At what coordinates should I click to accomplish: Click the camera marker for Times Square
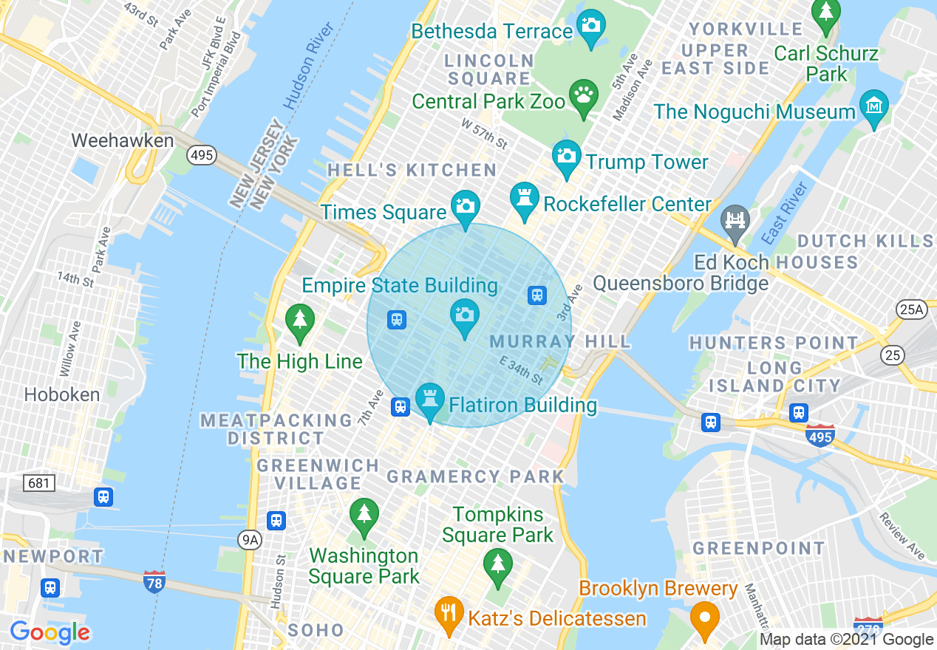[x=466, y=206]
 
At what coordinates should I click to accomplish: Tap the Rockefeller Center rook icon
[x=525, y=199]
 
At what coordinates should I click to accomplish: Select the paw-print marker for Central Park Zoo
[x=584, y=96]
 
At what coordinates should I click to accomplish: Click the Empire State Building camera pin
[x=464, y=315]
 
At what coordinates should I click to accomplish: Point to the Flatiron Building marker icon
[x=429, y=400]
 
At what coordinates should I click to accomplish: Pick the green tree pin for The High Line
[x=300, y=321]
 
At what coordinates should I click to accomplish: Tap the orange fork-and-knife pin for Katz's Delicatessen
[x=448, y=612]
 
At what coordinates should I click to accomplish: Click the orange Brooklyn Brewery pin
[x=704, y=617]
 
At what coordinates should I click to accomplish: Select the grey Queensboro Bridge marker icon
[x=735, y=221]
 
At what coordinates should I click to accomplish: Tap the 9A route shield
[x=250, y=540]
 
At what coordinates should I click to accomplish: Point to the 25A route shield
[x=911, y=309]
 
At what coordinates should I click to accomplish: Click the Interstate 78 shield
[x=154, y=581]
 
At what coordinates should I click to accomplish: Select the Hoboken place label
[x=62, y=394]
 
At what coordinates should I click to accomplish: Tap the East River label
[x=786, y=213]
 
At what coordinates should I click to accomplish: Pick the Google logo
[x=50, y=633]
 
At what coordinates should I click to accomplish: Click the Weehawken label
[x=123, y=140]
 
